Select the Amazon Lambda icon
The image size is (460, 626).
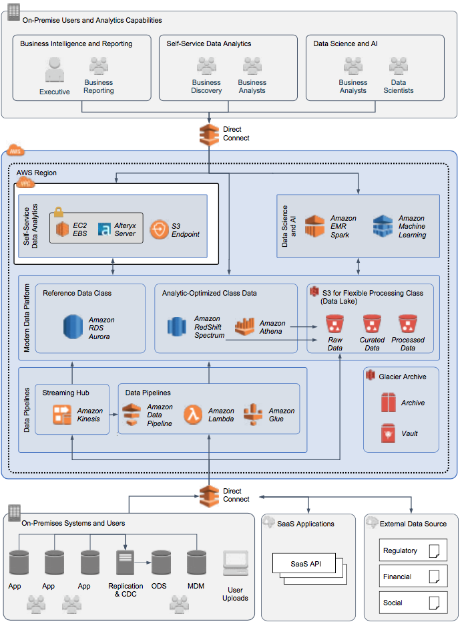[x=194, y=415]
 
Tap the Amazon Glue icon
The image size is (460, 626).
[x=254, y=415]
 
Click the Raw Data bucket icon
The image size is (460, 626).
[x=334, y=325]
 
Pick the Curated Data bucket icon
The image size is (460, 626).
[x=371, y=325]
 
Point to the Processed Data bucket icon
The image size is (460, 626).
[x=407, y=325]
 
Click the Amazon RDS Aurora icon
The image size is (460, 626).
[x=74, y=327]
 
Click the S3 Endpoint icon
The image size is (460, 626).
[x=160, y=229]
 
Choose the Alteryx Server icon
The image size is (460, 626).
[x=105, y=229]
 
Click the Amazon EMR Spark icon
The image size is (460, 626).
[x=314, y=226]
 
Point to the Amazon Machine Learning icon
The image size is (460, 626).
[x=383, y=226]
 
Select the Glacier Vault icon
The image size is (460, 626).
[x=389, y=433]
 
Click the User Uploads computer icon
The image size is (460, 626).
[x=235, y=566]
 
